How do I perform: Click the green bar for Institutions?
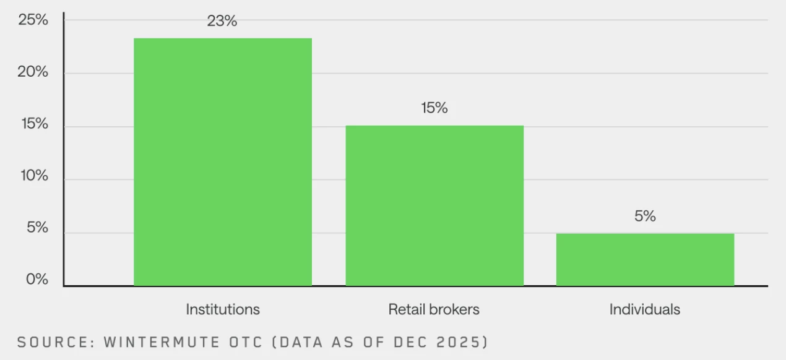tap(223, 162)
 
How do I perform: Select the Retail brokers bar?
tap(434, 205)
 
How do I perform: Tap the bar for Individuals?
tap(645, 260)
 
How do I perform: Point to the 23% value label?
tap(222, 21)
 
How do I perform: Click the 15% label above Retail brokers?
tap(434, 108)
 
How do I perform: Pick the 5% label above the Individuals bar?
tap(645, 216)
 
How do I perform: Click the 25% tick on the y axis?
tap(33, 20)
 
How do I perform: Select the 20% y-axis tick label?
tap(33, 72)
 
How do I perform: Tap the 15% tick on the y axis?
tap(33, 124)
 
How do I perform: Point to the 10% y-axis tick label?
tap(33, 176)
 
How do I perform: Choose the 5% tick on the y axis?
tap(37, 228)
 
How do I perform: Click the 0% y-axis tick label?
tap(37, 280)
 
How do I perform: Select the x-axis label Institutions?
tap(223, 309)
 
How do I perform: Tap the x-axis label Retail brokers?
tap(434, 309)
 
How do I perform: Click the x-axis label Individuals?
tap(645, 309)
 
